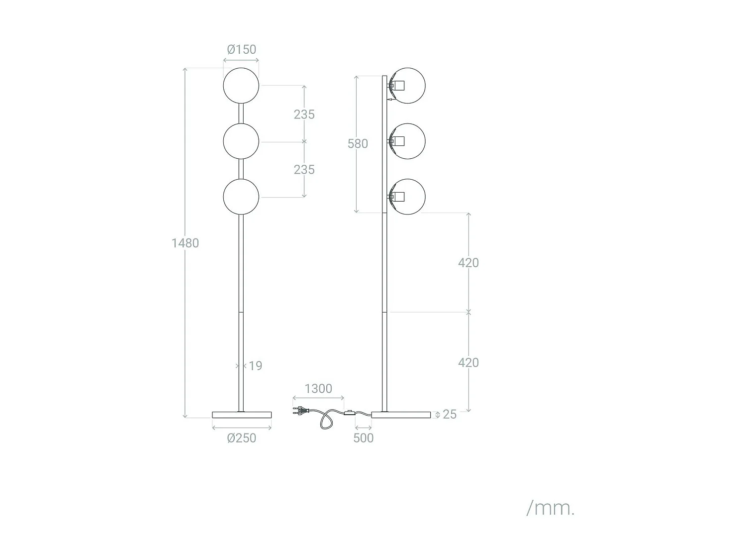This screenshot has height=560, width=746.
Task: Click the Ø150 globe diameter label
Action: click(242, 49)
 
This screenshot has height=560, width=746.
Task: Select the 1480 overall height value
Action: click(185, 243)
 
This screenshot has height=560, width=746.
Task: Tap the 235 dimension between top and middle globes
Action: click(304, 114)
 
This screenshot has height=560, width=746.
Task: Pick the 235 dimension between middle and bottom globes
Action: click(304, 170)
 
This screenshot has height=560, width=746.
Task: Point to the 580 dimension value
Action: click(358, 144)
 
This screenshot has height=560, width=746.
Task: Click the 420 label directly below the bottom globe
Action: click(468, 263)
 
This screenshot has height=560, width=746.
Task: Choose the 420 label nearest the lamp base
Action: click(468, 363)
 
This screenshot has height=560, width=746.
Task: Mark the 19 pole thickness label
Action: click(255, 366)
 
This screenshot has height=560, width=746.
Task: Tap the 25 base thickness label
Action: click(450, 414)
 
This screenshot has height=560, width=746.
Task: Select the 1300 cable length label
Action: click(318, 389)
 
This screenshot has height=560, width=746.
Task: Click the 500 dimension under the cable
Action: click(363, 438)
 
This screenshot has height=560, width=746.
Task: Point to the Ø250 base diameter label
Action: click(242, 438)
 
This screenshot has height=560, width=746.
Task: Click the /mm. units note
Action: click(550, 508)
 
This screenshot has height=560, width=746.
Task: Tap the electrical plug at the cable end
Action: click(299, 411)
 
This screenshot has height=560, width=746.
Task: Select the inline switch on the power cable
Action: click(350, 413)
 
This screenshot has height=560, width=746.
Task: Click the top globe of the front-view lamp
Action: click(241, 86)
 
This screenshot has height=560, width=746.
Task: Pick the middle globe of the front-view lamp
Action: click(241, 141)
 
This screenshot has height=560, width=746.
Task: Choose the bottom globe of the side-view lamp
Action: click(408, 197)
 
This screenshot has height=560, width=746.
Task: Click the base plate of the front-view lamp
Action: click(242, 415)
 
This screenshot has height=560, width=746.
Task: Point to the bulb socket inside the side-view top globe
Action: click(397, 86)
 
